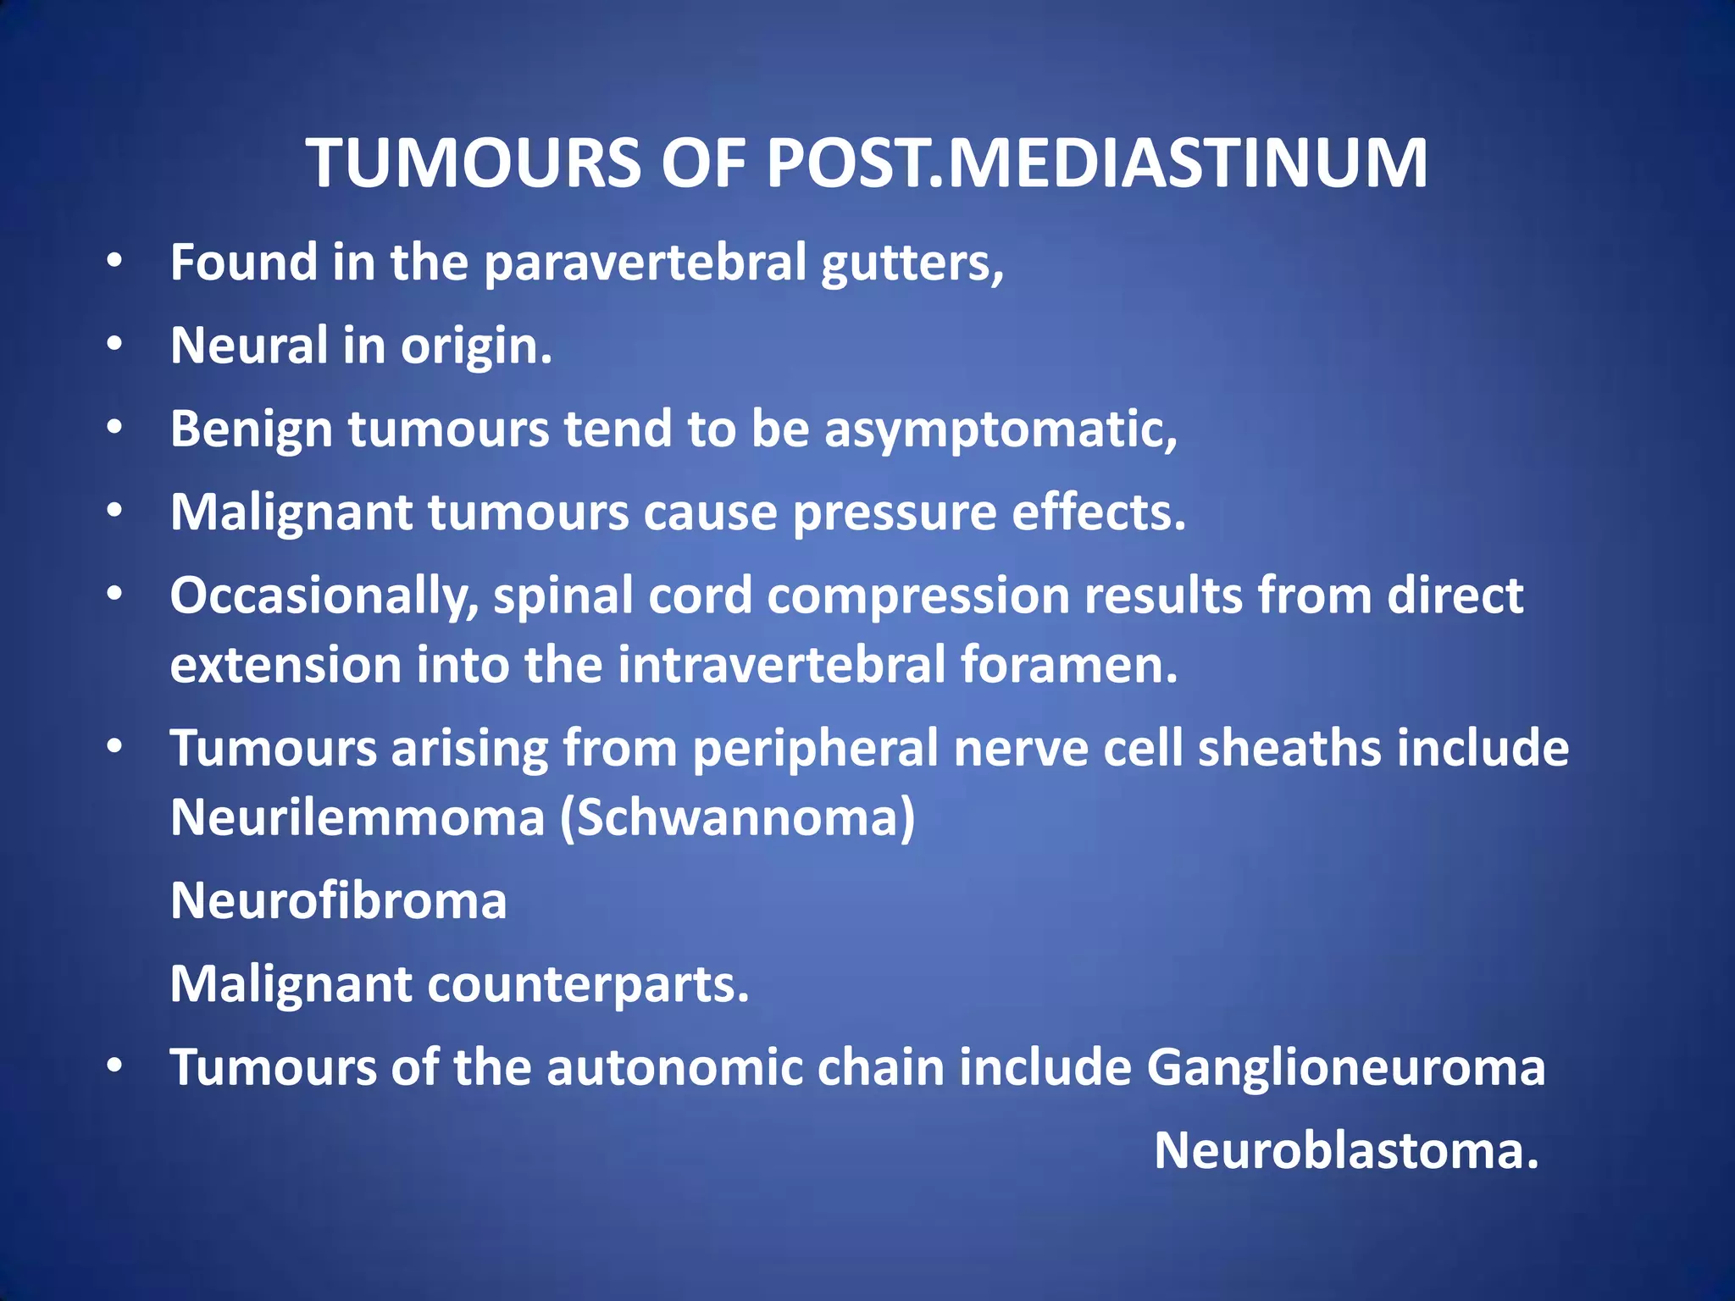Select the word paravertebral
[x=645, y=263]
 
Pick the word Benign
[x=252, y=429]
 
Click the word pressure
[x=895, y=513]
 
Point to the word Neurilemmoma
[x=358, y=817]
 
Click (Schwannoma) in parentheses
[x=737, y=817]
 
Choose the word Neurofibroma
[x=339, y=900]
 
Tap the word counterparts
[x=588, y=984]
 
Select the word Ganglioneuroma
[x=1345, y=1067]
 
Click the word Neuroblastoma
[x=1345, y=1150]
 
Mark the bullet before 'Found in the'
[x=115, y=262]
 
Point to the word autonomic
[x=674, y=1067]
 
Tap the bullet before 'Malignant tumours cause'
[x=115, y=512]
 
